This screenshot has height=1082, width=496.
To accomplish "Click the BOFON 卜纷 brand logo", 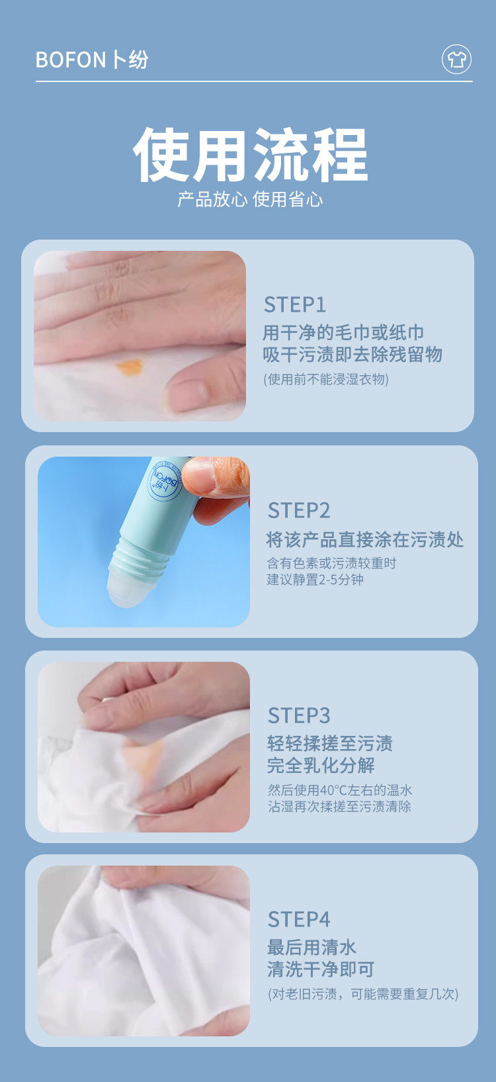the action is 92,60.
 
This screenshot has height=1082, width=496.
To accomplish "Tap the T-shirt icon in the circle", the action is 456,60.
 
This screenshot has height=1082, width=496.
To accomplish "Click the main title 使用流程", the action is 251,155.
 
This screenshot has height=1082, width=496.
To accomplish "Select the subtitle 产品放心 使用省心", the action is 250,199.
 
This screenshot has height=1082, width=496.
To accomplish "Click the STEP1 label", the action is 295,305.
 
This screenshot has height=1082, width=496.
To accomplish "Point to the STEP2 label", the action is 299,511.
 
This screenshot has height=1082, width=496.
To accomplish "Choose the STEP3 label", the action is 299,715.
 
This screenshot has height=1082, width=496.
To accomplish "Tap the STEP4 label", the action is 299,919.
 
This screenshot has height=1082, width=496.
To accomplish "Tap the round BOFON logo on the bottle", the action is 165,480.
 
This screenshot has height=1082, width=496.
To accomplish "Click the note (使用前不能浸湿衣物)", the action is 325,379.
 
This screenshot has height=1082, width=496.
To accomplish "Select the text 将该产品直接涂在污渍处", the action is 365,539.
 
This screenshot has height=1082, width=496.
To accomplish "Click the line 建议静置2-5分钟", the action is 315,580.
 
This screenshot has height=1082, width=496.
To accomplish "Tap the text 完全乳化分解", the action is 321,765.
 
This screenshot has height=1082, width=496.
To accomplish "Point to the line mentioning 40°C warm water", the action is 340,789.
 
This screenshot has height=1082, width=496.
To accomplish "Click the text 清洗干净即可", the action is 321,969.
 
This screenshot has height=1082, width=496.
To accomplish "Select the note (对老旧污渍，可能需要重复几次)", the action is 363,993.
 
